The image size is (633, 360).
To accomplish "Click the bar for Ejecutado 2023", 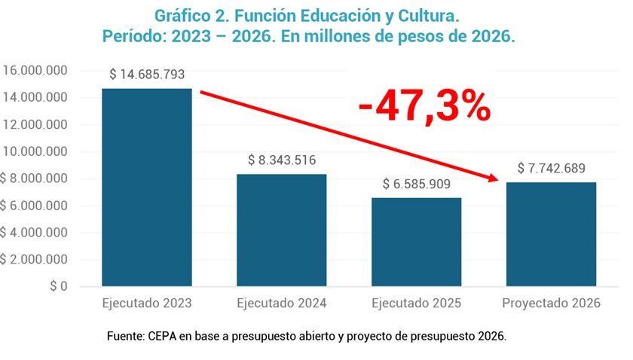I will (146, 188).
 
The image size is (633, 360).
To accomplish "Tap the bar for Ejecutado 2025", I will (416, 242).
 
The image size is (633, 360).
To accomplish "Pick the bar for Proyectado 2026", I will (551, 234).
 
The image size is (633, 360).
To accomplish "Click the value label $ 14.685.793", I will (147, 75).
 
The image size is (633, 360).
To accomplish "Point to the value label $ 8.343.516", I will (281, 160).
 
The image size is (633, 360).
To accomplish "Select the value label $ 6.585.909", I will (416, 184).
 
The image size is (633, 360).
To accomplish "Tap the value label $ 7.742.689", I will (551, 168).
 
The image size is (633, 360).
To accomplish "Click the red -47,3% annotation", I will (424, 108).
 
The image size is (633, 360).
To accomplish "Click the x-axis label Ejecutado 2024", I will (281, 304).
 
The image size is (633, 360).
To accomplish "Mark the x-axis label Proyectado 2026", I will (551, 304).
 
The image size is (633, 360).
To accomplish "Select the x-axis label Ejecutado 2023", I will (146, 304).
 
